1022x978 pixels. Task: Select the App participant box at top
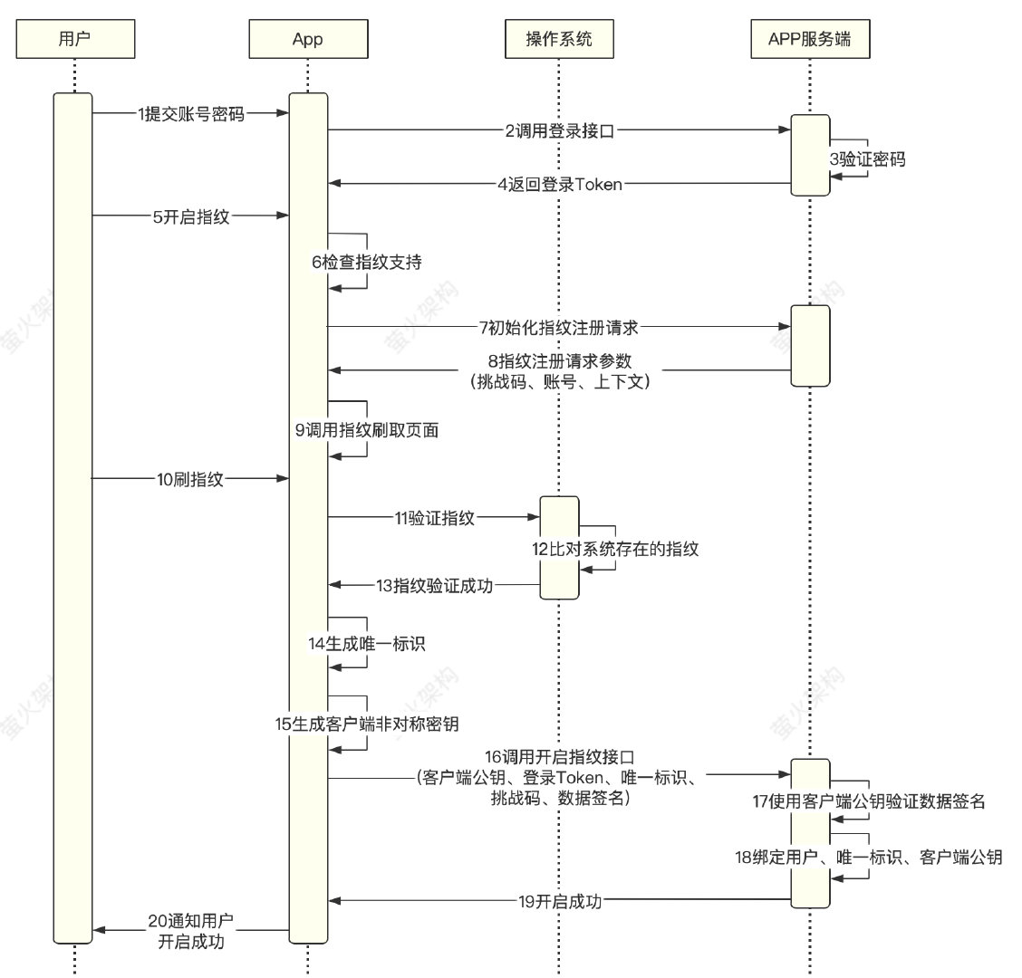pos(307,38)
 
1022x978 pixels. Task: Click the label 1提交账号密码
pos(191,113)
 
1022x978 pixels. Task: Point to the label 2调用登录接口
pos(560,130)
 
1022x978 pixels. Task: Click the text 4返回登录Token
pos(560,184)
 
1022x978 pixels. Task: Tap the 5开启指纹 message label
pos(190,216)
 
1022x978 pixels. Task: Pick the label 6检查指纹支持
pos(367,263)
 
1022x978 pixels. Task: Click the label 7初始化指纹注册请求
pos(559,327)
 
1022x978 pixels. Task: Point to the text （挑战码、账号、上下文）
pos(560,381)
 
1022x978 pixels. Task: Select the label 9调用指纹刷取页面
pos(367,431)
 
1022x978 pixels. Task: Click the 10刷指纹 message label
pos(190,480)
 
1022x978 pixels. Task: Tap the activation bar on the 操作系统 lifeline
pos(559,548)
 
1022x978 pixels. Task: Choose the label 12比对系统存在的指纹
pos(615,549)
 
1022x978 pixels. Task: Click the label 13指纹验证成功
pos(435,586)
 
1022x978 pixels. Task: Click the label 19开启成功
pos(560,900)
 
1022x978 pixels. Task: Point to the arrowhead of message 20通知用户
pos(99,930)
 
